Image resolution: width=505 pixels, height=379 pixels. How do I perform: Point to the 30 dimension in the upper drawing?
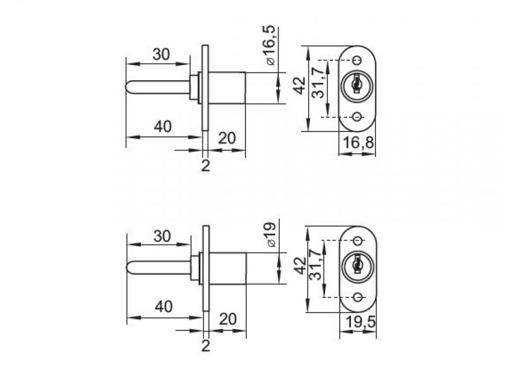pyautogui.click(x=162, y=55)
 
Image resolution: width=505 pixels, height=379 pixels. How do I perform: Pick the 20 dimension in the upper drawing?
pyautogui.click(x=227, y=138)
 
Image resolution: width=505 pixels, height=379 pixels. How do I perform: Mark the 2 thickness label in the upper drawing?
pyautogui.click(x=205, y=165)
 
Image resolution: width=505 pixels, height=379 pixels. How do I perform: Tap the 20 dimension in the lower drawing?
pyautogui.click(x=228, y=319)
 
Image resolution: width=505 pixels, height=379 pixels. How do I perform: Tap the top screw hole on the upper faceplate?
pyautogui.click(x=357, y=60)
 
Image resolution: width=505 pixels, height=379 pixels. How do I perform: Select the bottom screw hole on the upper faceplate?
pyautogui.click(x=357, y=117)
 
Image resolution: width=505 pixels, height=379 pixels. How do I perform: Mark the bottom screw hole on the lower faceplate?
pyautogui.click(x=357, y=297)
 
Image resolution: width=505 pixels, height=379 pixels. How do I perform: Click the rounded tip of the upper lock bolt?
pyautogui.click(x=131, y=87)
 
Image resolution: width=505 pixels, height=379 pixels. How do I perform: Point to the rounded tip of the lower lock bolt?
pyautogui.click(x=131, y=268)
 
